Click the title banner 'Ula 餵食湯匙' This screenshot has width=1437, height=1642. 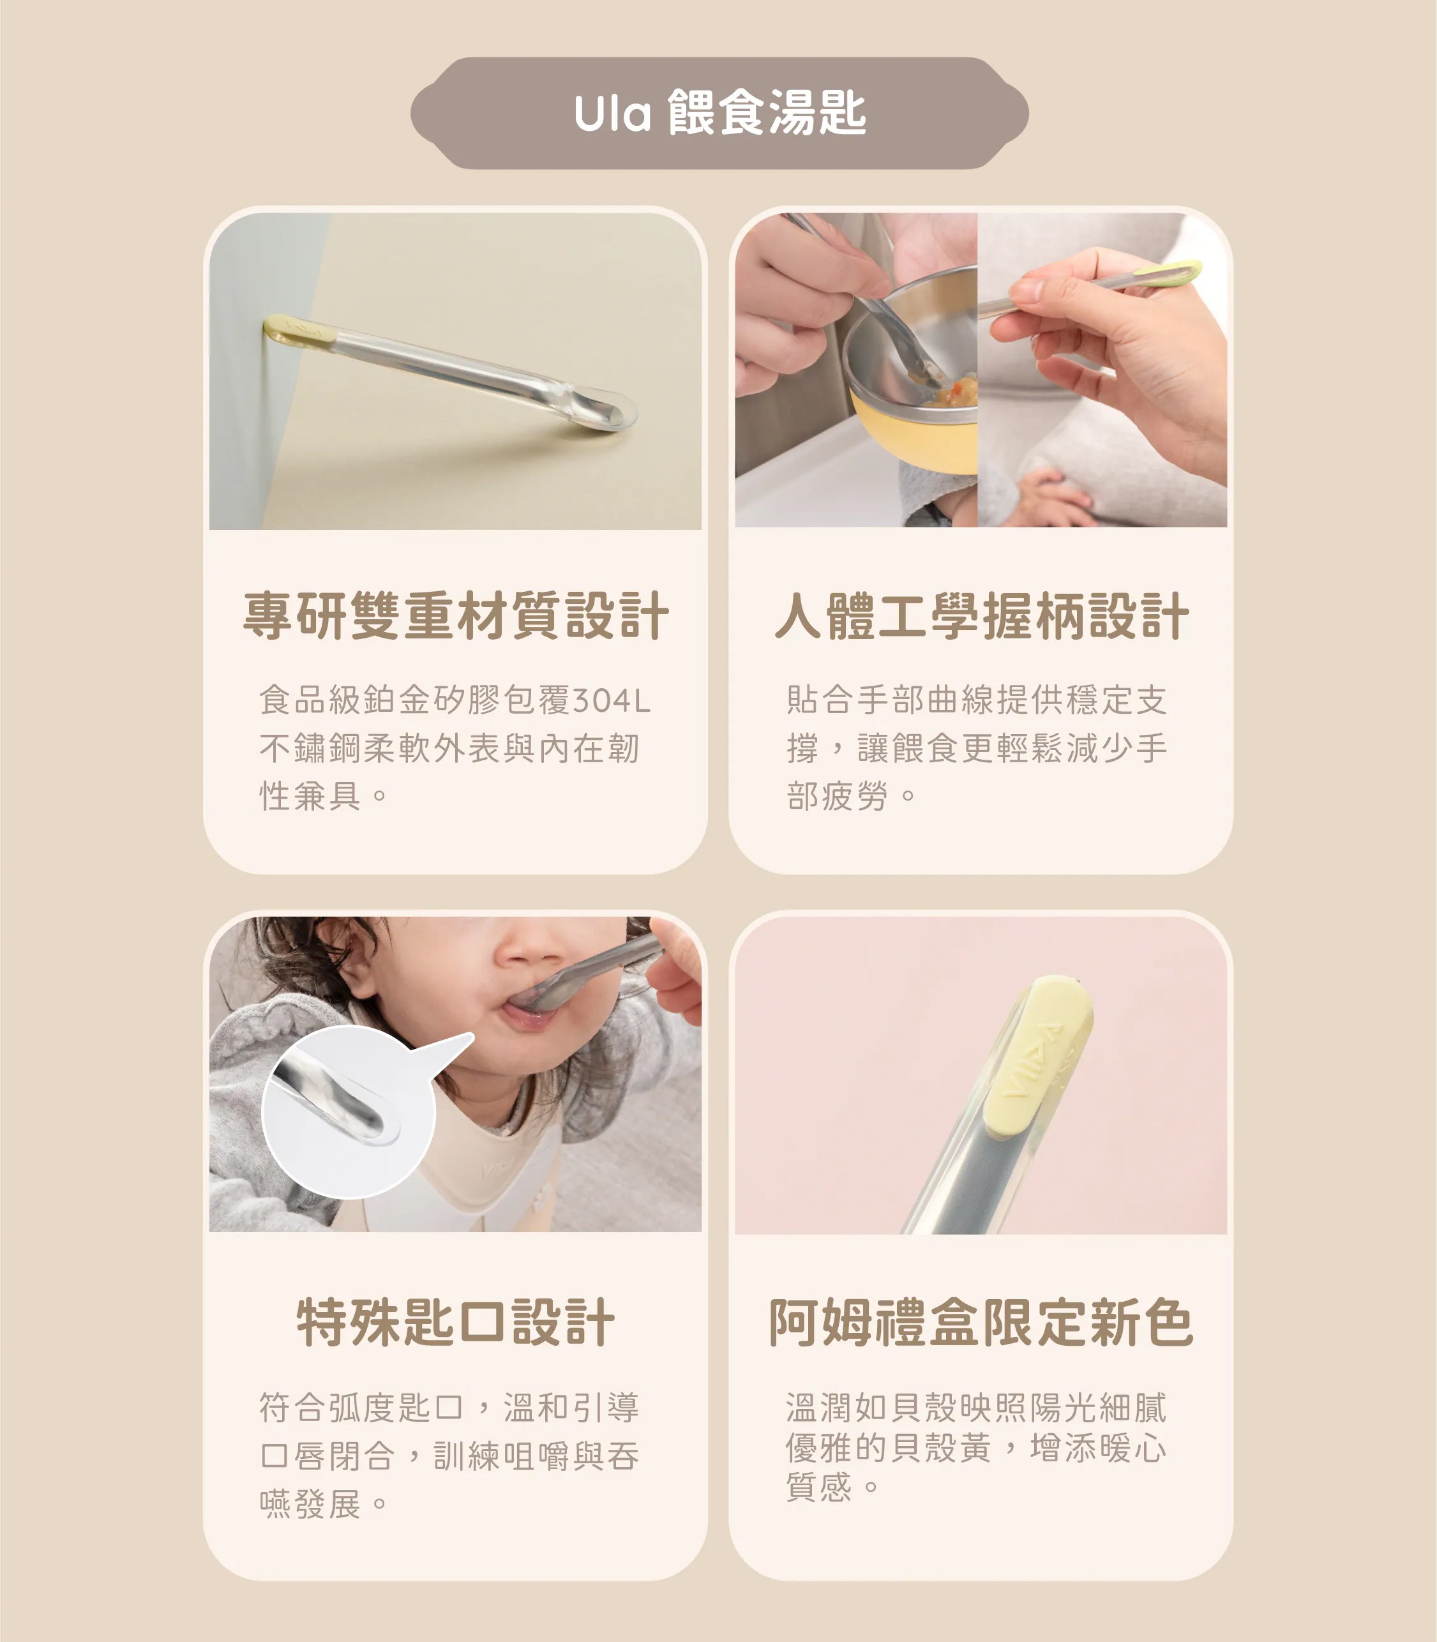(719, 113)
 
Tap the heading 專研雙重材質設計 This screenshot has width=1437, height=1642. (455, 615)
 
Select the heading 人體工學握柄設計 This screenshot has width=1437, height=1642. (982, 615)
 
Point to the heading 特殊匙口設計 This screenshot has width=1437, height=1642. (455, 1322)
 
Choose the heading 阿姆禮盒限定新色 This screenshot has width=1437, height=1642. (982, 1322)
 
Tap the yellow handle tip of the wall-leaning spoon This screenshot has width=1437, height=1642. (298, 330)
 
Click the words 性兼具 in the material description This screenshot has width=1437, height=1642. (310, 797)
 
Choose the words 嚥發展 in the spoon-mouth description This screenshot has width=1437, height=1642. (310, 1504)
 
